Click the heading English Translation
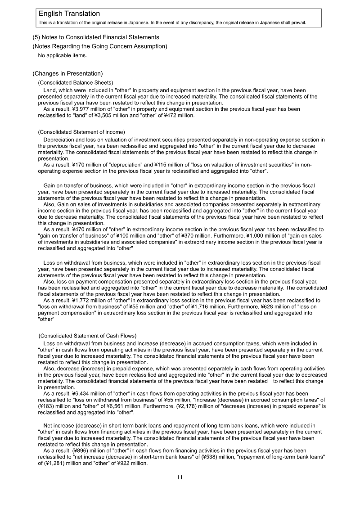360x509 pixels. click(69, 14)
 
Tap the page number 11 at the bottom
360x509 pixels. click(180, 477)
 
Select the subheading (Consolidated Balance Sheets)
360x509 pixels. click(76, 82)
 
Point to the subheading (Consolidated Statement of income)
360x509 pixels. click(81, 132)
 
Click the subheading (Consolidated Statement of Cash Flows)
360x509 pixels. click(87, 336)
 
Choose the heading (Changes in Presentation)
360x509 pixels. click(67, 73)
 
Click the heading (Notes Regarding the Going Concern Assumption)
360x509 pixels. click(100, 46)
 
